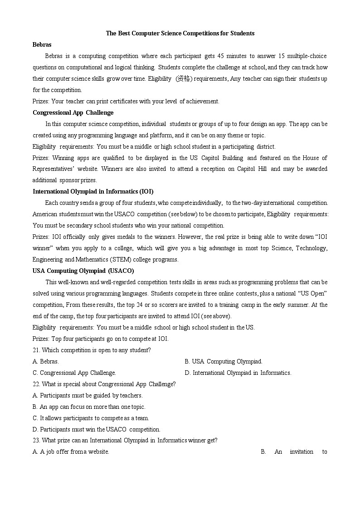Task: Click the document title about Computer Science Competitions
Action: pos(180,33)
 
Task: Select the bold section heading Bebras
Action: pos(42,44)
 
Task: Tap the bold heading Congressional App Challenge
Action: pos(73,112)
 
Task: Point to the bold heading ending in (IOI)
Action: pos(90,191)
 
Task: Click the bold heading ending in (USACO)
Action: pos(83,271)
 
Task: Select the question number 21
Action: pos(36,350)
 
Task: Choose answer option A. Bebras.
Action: pos(46,361)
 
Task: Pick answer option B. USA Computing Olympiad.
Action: pos(224,361)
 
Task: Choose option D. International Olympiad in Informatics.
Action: pos(238,373)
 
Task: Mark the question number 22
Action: pos(36,384)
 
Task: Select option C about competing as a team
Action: pos(91,418)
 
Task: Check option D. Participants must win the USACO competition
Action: pos(97,429)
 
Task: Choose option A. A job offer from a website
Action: pos(71,452)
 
